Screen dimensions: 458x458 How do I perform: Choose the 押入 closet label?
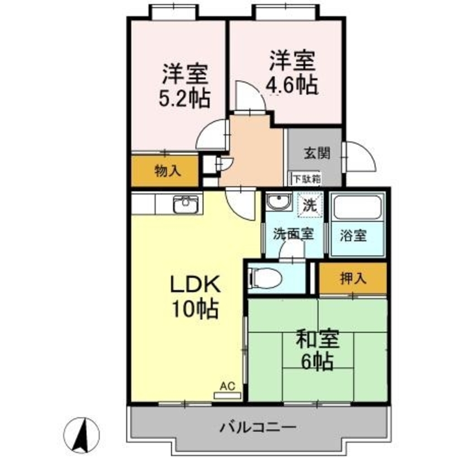pyautogui.click(x=353, y=278)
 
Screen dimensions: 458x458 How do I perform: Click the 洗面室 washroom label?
pyautogui.click(x=293, y=234)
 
